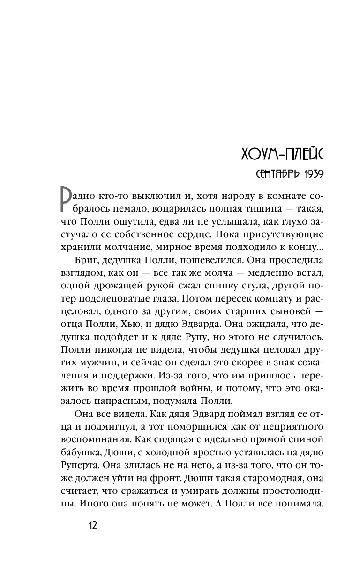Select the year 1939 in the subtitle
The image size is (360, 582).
pos(314,175)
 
